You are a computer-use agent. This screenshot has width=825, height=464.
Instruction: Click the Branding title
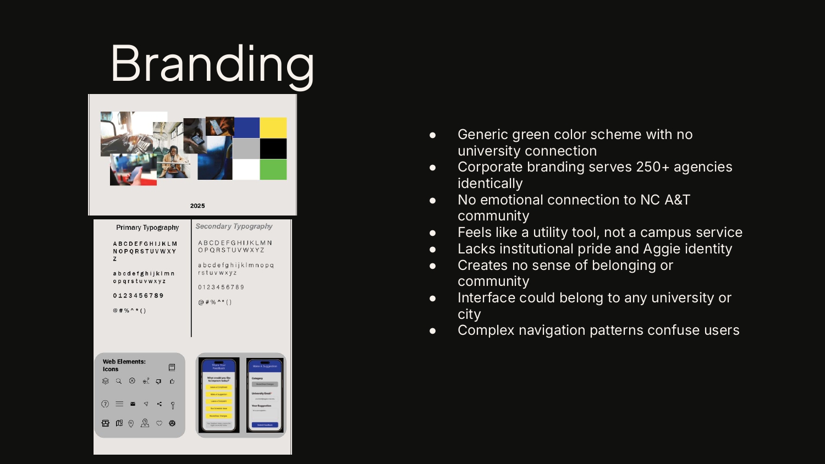point(212,64)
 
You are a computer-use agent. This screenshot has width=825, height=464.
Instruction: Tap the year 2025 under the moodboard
point(197,206)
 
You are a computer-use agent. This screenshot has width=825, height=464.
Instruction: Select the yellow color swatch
point(273,128)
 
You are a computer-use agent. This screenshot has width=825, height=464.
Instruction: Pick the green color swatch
point(273,169)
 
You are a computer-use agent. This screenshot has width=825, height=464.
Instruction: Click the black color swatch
point(273,148)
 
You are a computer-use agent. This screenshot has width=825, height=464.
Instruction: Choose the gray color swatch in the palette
point(246,148)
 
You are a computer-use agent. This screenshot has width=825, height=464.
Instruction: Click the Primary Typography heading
point(147,228)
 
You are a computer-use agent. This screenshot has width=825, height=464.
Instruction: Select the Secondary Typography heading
point(234,227)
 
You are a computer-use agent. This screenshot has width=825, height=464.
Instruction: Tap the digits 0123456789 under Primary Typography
point(139,296)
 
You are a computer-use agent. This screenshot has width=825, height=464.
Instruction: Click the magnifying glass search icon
point(119,381)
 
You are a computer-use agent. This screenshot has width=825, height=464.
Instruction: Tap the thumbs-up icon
point(172,381)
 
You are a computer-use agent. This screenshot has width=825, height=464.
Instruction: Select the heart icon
point(159,423)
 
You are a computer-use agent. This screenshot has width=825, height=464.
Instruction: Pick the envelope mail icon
point(133,404)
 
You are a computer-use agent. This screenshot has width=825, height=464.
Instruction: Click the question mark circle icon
point(105,404)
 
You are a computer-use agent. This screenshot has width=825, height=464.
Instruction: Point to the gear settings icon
point(172,423)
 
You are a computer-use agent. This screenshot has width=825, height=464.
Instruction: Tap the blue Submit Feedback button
point(265,425)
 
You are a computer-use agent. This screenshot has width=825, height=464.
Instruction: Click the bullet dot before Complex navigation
point(433,331)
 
